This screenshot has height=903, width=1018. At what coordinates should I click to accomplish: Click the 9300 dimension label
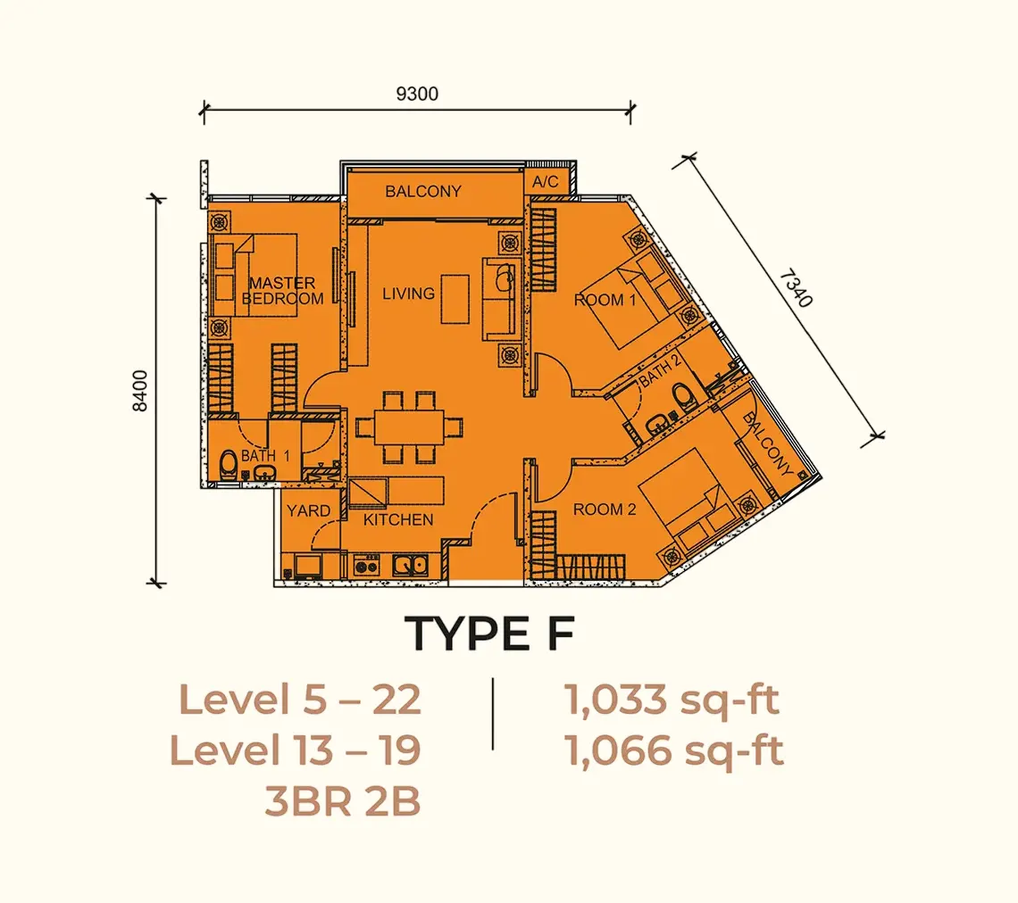point(417,94)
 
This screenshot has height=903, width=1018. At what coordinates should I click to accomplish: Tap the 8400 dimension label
point(139,391)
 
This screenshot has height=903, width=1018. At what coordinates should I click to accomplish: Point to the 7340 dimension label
point(796,289)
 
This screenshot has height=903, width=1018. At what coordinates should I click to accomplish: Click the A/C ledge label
point(546,182)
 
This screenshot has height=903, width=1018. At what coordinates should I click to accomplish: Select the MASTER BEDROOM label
point(282,291)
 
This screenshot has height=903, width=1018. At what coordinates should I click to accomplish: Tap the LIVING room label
point(408,294)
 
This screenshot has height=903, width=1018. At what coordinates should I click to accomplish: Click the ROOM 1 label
point(605,300)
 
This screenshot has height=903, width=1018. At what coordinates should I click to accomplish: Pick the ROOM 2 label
point(605,509)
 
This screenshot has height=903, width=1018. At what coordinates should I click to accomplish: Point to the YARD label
point(308,511)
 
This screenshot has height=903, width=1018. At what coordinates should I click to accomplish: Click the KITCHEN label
point(398,519)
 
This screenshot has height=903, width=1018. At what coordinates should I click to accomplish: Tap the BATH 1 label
point(265,456)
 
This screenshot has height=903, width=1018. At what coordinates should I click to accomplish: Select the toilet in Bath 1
point(228,465)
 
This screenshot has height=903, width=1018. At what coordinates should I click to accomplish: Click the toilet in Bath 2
point(683,397)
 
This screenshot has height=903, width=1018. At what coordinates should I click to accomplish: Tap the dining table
point(409,427)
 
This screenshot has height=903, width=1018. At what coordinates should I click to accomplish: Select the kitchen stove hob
point(366,566)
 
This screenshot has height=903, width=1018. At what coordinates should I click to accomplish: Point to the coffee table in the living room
point(455,299)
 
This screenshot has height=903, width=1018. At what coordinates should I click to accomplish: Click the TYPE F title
point(490,634)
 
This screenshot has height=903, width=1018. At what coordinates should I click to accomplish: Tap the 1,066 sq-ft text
point(674,750)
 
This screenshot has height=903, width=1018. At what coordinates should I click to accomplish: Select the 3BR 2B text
point(343,802)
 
